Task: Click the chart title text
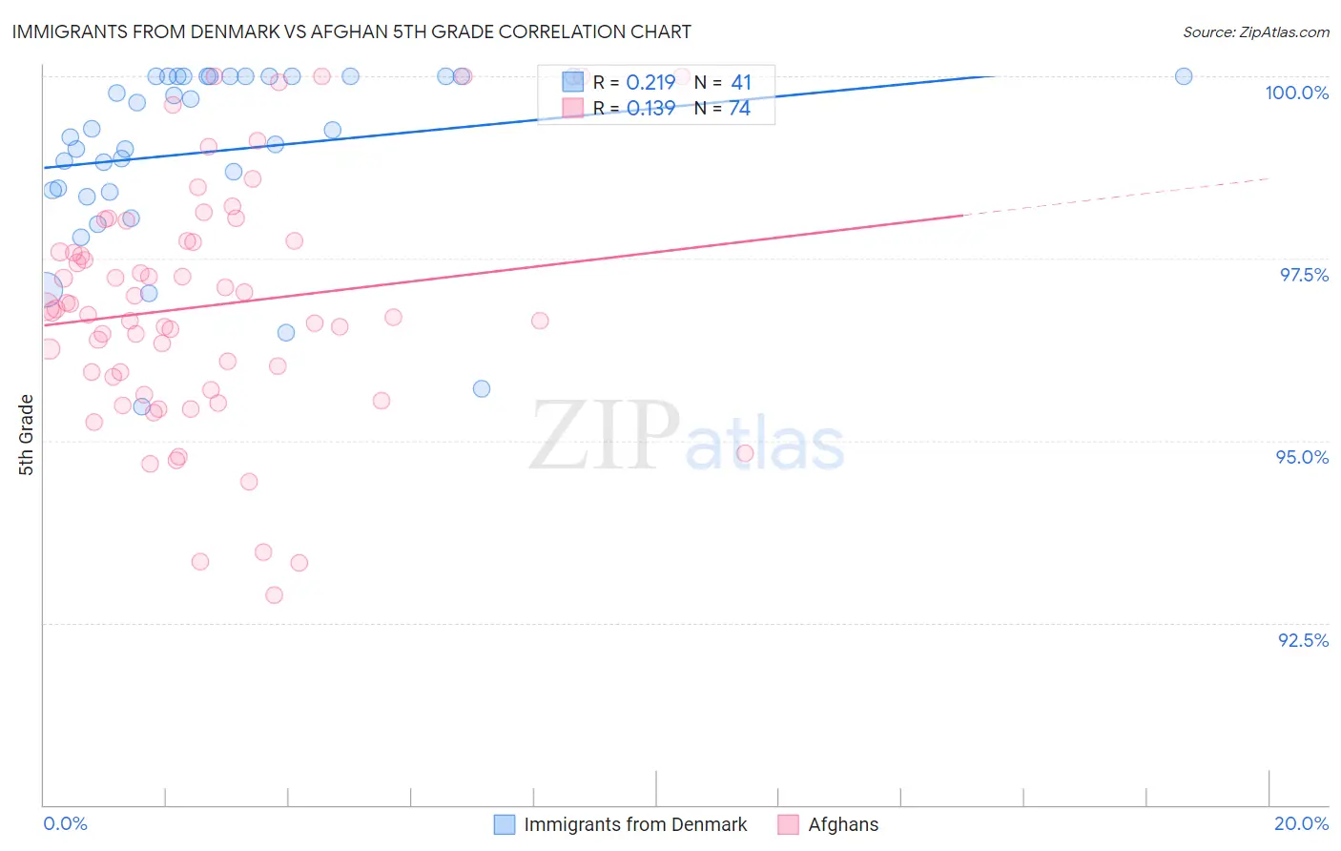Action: [x=351, y=31]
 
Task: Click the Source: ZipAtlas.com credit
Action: [x=1255, y=31]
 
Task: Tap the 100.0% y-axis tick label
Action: [x=1296, y=93]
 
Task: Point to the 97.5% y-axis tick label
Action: [x=1304, y=275]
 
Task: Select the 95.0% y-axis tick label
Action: [x=1302, y=457]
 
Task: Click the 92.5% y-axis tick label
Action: [x=1303, y=640]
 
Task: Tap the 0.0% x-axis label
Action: [x=65, y=823]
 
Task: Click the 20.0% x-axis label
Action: [x=1301, y=823]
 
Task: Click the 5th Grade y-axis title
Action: [x=26, y=435]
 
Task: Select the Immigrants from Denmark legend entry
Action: [x=621, y=824]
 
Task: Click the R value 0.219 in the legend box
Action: [x=650, y=83]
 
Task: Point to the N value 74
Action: [x=739, y=109]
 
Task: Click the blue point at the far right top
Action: [x=1184, y=76]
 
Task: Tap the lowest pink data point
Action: [x=275, y=595]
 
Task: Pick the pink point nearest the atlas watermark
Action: [x=745, y=453]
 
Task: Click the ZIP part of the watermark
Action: [x=604, y=435]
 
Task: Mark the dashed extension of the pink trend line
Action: [x=1116, y=197]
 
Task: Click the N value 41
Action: [x=741, y=83]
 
